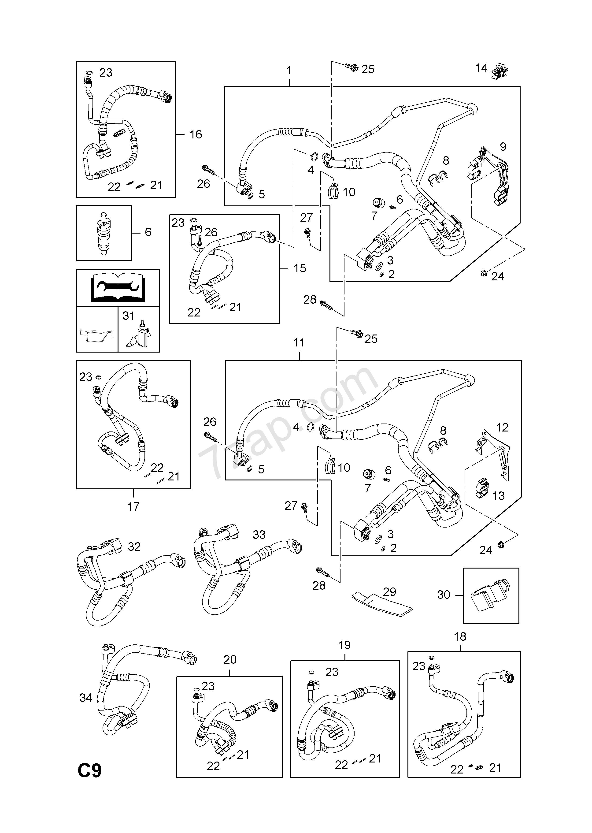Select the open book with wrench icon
tap(118, 288)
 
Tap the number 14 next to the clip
tap(481, 68)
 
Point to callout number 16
tap(196, 134)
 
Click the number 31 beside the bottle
tap(128, 316)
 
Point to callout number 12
tap(502, 428)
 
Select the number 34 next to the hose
tap(86, 698)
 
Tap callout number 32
tap(134, 547)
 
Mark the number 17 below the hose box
tap(133, 506)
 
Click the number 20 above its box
tap(230, 659)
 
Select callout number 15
tap(300, 268)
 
